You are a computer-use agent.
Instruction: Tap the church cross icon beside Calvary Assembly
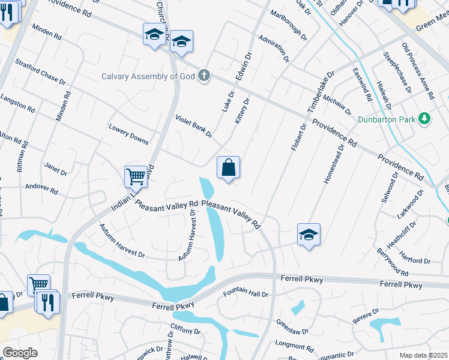(x=204, y=76)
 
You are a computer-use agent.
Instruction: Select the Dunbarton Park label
(x=387, y=119)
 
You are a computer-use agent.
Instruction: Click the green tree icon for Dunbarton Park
(x=425, y=118)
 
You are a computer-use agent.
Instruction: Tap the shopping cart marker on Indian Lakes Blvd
(x=136, y=176)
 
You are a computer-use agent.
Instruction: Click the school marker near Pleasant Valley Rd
(x=309, y=235)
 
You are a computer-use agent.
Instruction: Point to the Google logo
(x=20, y=353)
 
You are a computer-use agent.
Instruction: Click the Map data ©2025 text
(x=424, y=355)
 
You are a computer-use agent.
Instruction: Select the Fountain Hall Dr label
(x=246, y=293)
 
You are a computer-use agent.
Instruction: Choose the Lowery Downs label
(x=128, y=134)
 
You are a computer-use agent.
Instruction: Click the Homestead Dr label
(x=333, y=164)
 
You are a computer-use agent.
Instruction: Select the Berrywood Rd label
(x=394, y=262)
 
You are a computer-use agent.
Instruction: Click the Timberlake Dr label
(x=320, y=92)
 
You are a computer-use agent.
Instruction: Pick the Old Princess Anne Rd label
(x=418, y=71)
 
